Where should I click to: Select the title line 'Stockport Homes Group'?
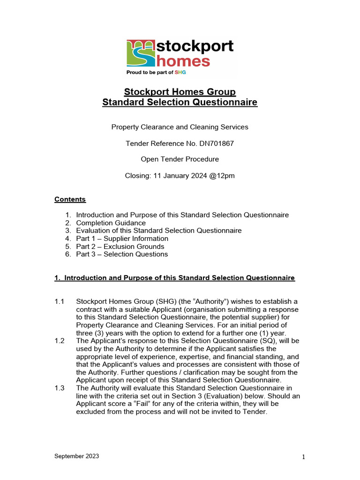180,91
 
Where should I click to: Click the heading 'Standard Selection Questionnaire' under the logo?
180,102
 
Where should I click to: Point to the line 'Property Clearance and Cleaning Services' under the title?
180,127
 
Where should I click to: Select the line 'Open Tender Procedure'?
180,159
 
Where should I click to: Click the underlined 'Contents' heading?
70,199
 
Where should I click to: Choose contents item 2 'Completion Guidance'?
111,223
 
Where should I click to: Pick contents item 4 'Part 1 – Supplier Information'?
122,239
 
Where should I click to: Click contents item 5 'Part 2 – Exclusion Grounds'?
120,247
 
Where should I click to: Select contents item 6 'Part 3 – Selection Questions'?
121,255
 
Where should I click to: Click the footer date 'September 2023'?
76,456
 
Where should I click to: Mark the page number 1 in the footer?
304,457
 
